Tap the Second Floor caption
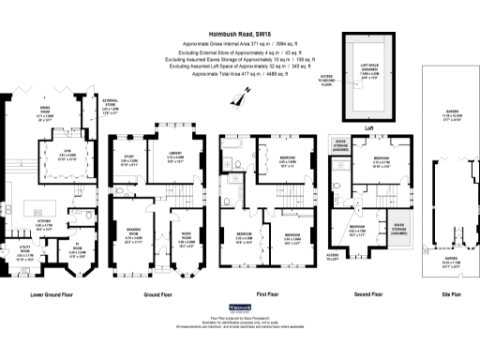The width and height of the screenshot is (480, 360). [367, 293]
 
